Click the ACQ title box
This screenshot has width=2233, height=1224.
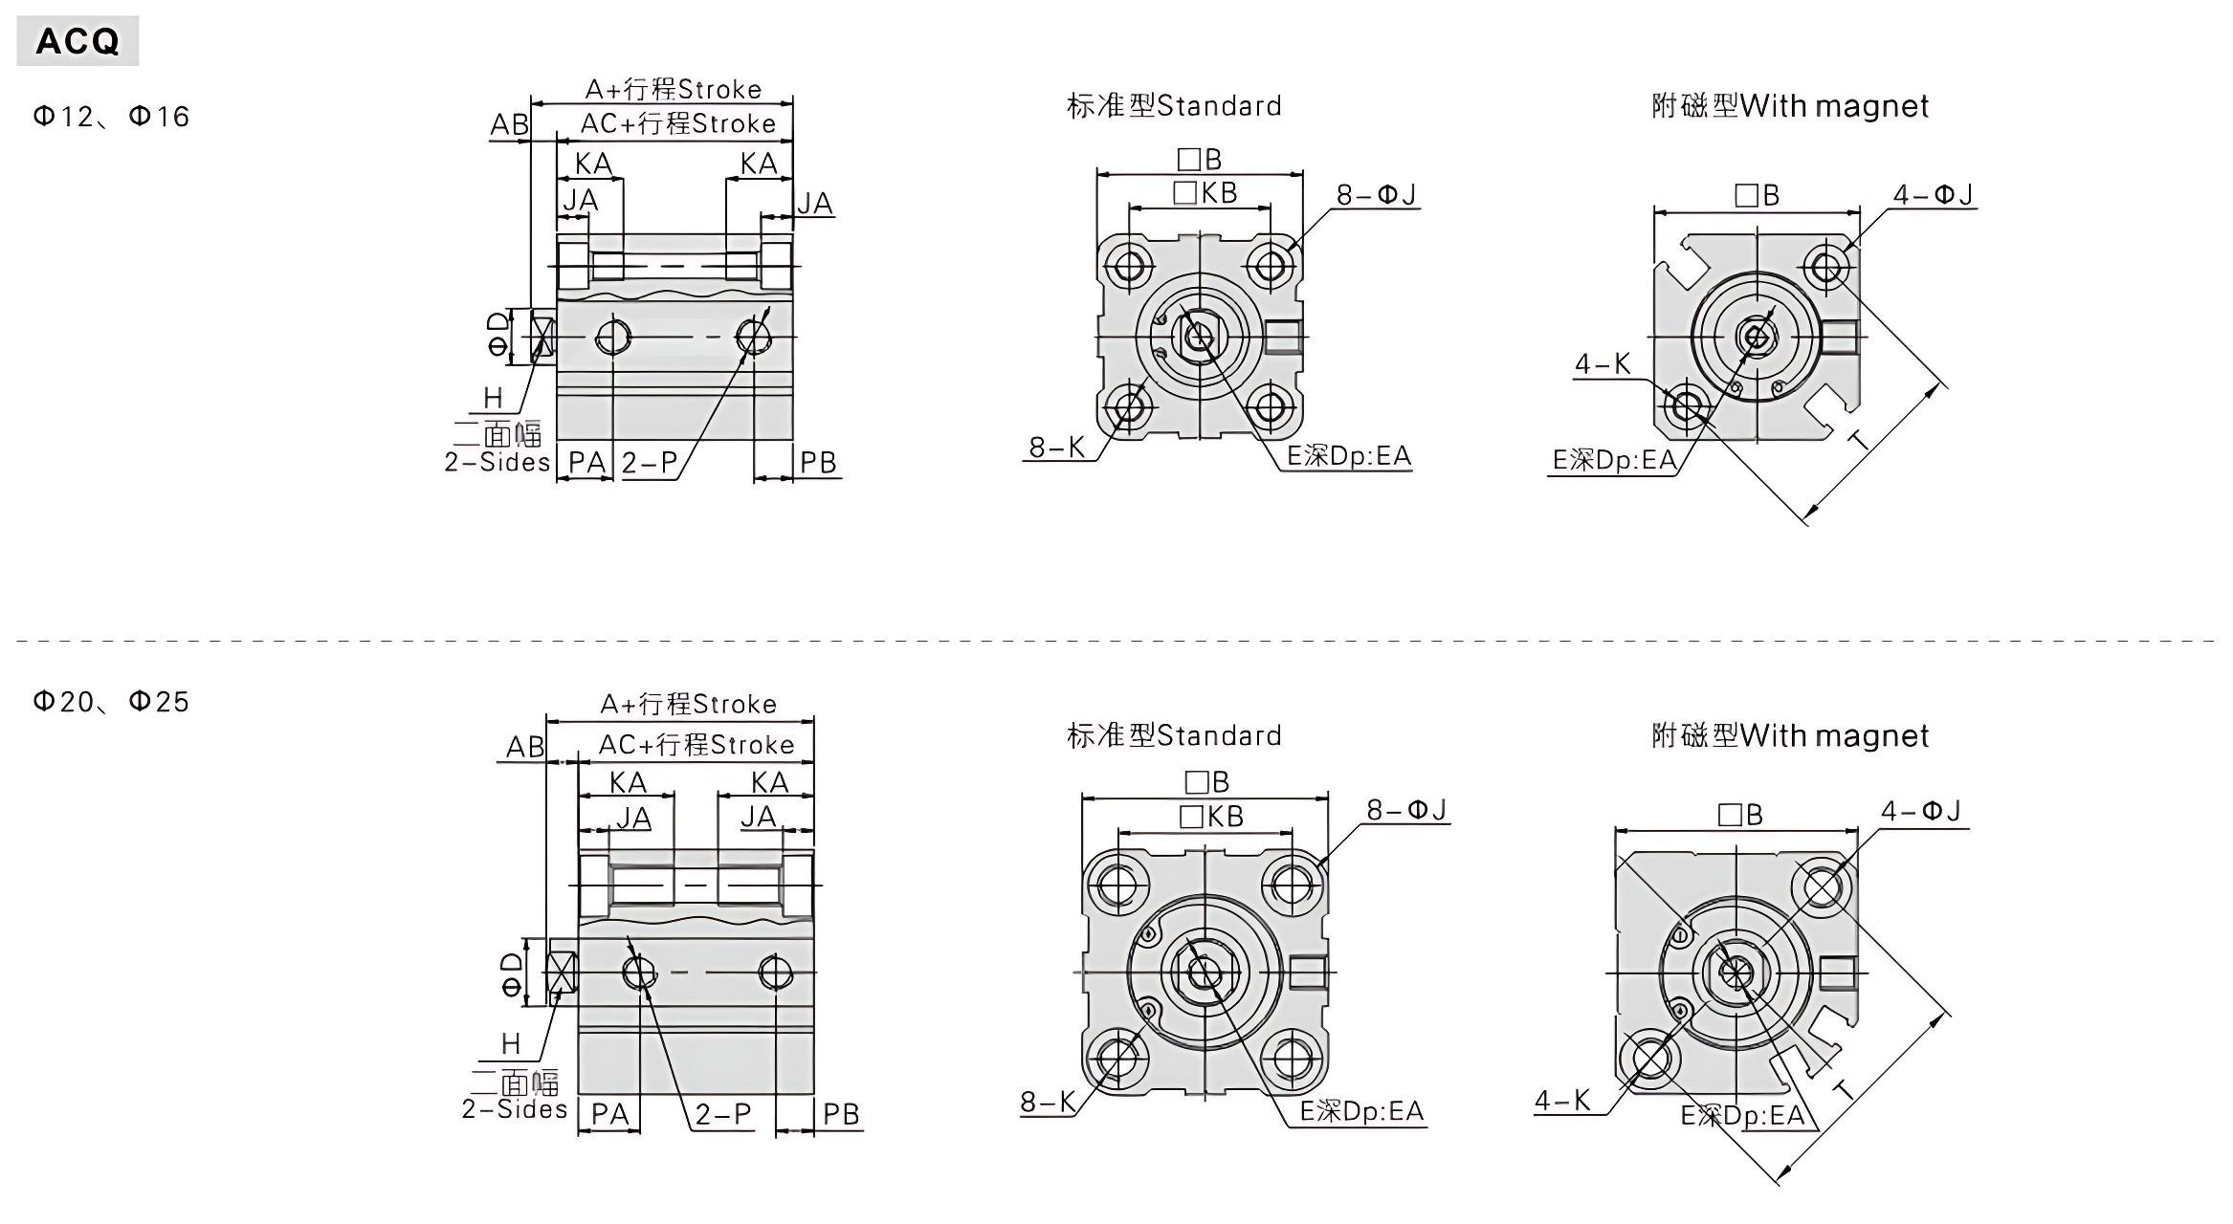pyautogui.click(x=77, y=41)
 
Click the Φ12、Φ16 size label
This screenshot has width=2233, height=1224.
pyautogui.click(x=111, y=117)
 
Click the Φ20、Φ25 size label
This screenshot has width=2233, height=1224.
pyautogui.click(x=111, y=702)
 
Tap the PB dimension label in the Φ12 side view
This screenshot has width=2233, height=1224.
pyautogui.click(x=818, y=463)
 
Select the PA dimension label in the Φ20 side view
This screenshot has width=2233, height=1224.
pyautogui.click(x=609, y=1114)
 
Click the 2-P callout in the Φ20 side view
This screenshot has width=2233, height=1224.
pyautogui.click(x=723, y=1114)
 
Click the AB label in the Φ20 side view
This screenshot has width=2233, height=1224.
pyautogui.click(x=524, y=747)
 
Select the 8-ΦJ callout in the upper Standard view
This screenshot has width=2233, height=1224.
pyautogui.click(x=1376, y=195)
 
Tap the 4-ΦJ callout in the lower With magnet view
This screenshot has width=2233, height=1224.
pyautogui.click(x=1920, y=812)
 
